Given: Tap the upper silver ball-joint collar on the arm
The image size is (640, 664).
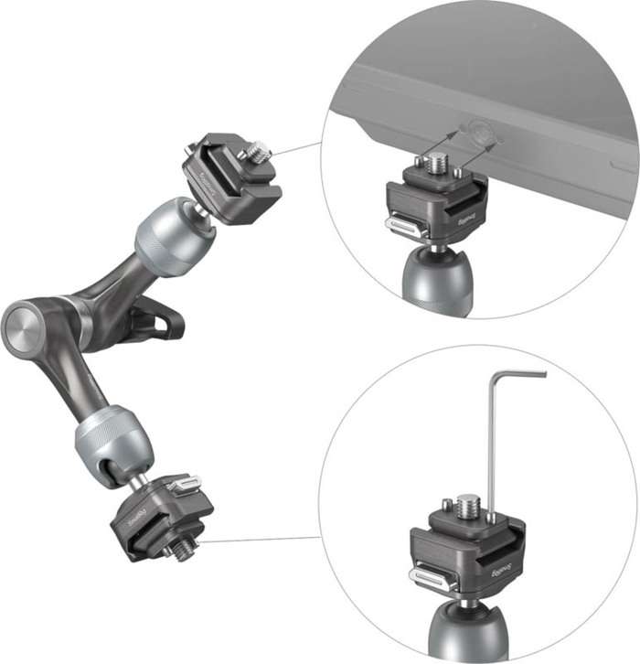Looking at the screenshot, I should pyautogui.click(x=174, y=235).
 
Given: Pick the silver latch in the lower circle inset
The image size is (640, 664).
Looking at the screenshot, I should pyautogui.click(x=430, y=577).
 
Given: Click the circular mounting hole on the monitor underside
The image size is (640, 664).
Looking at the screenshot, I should pyautogui.click(x=479, y=134).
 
